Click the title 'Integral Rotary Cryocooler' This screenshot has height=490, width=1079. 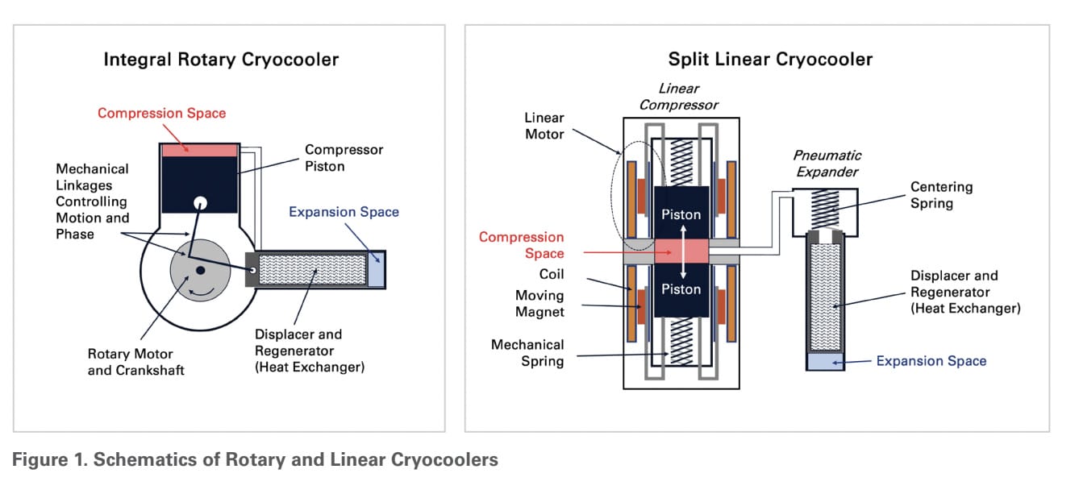tap(221, 60)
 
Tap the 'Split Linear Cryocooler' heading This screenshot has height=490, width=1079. tap(770, 60)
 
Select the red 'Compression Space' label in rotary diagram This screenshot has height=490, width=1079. tap(161, 113)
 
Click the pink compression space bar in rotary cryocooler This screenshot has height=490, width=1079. tap(199, 150)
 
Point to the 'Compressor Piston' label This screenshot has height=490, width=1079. tap(344, 158)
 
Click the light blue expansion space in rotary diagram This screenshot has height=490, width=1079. tap(376, 268)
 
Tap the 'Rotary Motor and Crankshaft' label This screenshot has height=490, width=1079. tap(131, 362)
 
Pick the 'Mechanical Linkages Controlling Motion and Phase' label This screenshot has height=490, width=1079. tap(92, 201)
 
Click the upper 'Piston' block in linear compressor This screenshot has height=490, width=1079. tap(681, 214)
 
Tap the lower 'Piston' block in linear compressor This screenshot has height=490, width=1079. tap(681, 289)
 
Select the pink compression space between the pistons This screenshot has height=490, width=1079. tap(681, 251)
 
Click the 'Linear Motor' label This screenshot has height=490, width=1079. tap(544, 126)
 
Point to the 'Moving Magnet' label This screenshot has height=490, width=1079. tap(539, 303)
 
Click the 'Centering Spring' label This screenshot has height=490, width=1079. tap(941, 194)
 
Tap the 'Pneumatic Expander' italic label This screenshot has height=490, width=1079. tap(827, 164)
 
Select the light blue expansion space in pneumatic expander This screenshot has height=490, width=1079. tap(824, 361)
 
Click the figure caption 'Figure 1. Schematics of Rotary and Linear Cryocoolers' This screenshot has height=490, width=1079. tap(255, 460)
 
